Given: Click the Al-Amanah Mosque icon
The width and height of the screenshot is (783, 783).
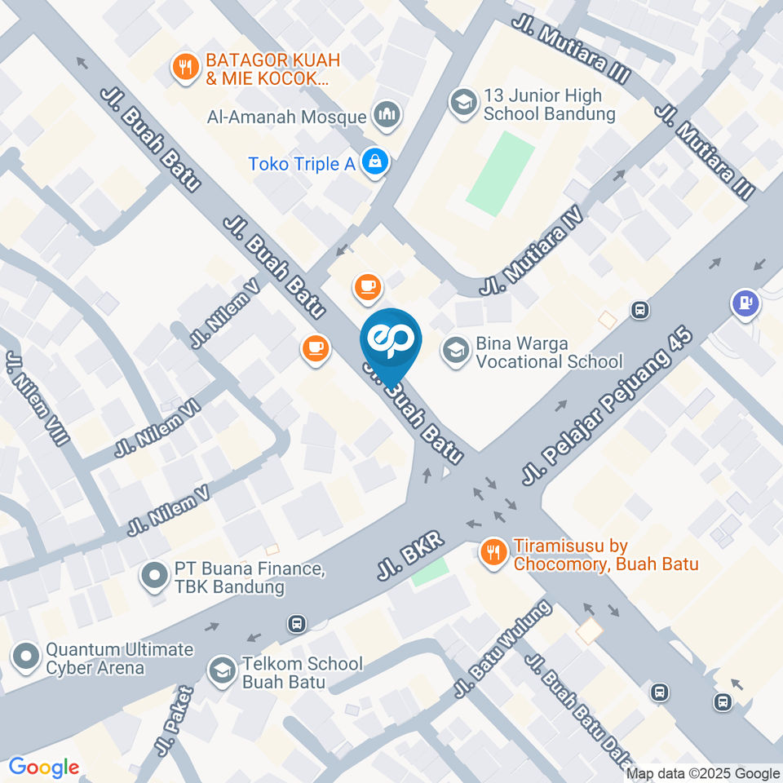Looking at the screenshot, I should click(386, 116).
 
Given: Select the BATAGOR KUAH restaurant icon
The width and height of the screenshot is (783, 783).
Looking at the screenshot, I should click(186, 68).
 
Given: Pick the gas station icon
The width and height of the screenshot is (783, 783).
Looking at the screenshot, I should click(745, 304).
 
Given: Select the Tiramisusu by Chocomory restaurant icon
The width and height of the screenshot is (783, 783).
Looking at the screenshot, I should click(493, 552).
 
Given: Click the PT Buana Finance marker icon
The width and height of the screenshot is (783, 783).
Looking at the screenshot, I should click(153, 577).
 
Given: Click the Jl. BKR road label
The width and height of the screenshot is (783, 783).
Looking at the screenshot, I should click(409, 557).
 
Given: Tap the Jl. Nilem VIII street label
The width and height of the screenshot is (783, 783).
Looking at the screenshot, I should click(38, 398).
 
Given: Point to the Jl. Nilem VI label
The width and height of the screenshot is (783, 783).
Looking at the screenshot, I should click(157, 430).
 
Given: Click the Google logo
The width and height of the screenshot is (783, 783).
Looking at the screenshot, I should click(43, 767).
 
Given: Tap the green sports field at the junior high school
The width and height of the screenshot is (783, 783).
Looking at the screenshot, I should click(500, 173).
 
